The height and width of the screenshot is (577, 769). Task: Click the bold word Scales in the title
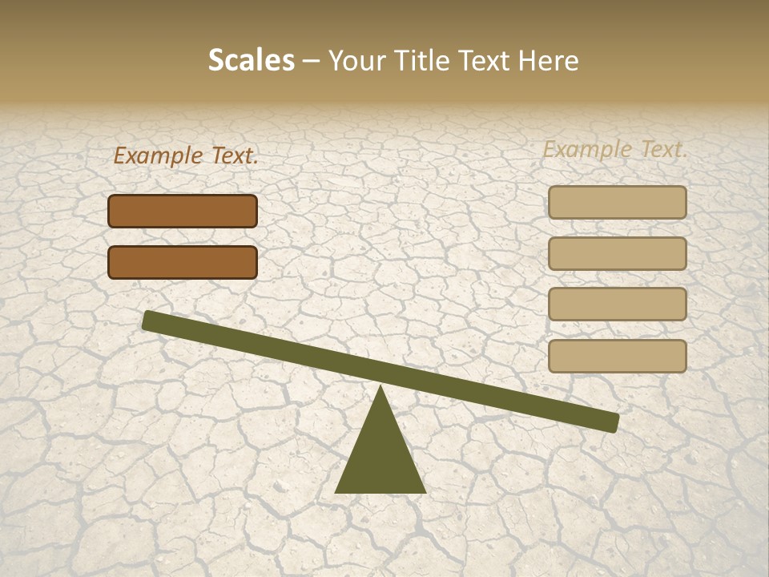tap(251, 60)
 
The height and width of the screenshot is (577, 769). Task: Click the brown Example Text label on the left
tap(186, 156)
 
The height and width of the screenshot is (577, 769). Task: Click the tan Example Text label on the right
tap(615, 149)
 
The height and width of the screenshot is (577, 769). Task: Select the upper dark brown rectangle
tap(183, 211)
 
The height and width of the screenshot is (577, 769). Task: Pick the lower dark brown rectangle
tap(183, 262)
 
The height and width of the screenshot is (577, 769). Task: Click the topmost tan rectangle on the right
tap(617, 202)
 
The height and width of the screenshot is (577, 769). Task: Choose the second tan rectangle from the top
tap(617, 253)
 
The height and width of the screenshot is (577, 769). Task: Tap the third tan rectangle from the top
tap(617, 304)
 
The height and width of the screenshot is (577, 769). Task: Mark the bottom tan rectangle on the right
tap(617, 356)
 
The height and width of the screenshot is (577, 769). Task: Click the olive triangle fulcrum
tap(380, 457)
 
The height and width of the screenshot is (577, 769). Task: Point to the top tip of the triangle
tap(380, 388)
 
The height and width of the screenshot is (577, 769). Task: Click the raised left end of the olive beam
tap(149, 321)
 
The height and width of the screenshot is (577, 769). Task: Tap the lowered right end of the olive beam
tap(612, 422)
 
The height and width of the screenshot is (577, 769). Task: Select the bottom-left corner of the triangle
tap(337, 491)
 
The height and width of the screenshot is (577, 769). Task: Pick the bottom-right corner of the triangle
tap(424, 491)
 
